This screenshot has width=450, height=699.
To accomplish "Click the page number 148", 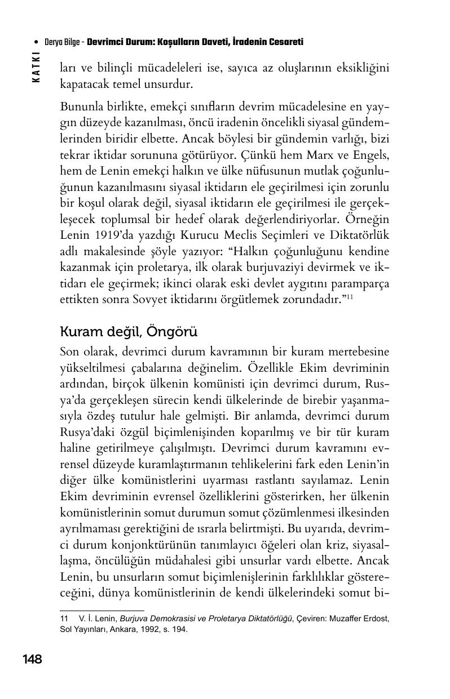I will [32, 659].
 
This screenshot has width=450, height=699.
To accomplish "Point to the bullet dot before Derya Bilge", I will [37, 43].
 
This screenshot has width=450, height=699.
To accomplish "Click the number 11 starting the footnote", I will [64, 618].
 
